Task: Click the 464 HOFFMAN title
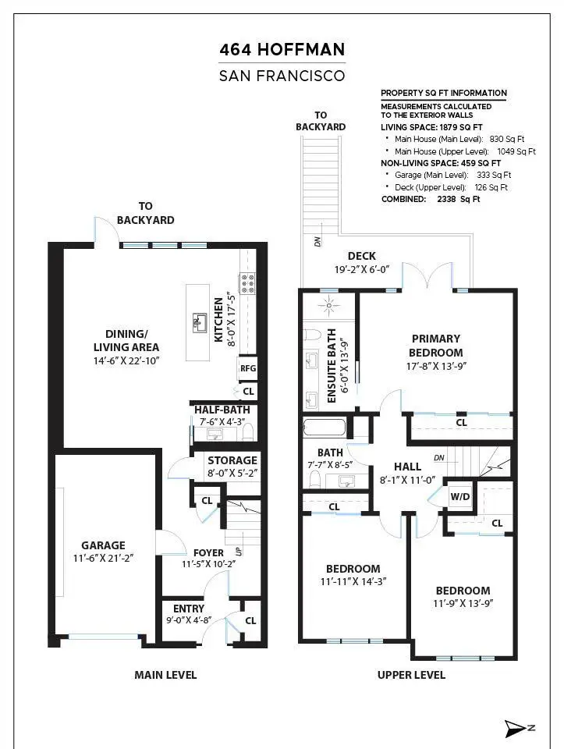point(282,50)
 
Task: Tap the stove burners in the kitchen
point(247,283)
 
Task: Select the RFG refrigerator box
point(248,368)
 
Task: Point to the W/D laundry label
point(460,497)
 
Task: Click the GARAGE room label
point(103,545)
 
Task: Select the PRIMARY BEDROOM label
point(436,346)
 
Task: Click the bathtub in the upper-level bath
point(325,428)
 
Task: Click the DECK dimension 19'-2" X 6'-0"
point(362,269)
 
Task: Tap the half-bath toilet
point(248,433)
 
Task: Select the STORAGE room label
point(232,460)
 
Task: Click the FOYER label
point(209,552)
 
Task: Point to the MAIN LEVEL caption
point(165,675)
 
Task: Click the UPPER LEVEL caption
point(411,675)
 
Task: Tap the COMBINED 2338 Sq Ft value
point(459,199)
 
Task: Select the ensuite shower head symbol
point(328,305)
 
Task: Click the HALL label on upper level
point(407,467)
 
